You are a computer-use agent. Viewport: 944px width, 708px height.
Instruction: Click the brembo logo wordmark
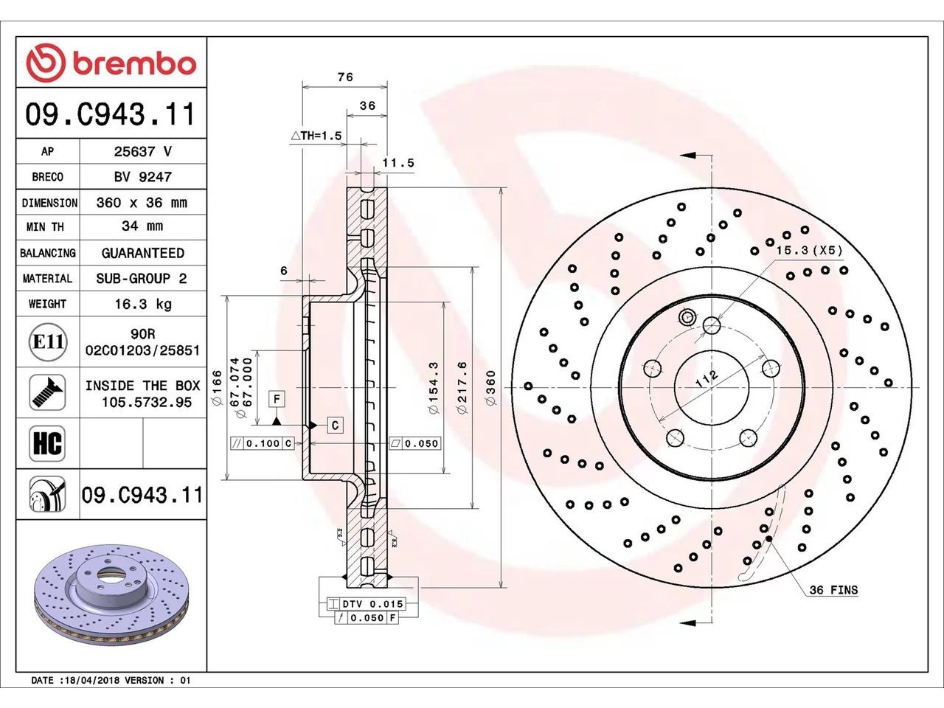click(134, 64)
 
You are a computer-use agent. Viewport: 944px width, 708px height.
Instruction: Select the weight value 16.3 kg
click(143, 304)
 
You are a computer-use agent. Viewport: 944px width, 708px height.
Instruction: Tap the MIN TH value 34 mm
click(142, 226)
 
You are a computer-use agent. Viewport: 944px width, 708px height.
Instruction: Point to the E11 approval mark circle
click(48, 341)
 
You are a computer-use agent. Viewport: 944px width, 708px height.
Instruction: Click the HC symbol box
click(47, 443)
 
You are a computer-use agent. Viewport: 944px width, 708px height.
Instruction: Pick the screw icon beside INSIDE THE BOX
click(47, 392)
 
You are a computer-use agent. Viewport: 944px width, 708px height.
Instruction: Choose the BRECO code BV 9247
click(143, 177)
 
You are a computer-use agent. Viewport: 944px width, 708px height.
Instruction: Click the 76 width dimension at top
click(345, 77)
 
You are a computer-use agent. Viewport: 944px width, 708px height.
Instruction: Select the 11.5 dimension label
click(398, 163)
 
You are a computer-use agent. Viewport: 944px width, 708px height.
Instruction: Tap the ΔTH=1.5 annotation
click(316, 136)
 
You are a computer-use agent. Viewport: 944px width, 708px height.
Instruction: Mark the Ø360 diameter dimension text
click(490, 388)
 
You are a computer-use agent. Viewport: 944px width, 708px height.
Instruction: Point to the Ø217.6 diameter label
click(462, 388)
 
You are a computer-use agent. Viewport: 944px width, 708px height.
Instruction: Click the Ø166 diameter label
click(216, 387)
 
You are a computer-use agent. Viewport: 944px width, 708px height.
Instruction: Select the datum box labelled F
click(277, 399)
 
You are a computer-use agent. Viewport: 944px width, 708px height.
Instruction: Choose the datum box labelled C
click(336, 425)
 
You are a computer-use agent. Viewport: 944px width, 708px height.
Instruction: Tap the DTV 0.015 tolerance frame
click(367, 603)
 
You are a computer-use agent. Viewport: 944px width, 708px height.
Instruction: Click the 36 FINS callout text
click(833, 590)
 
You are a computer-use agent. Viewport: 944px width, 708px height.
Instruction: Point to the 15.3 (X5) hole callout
click(809, 250)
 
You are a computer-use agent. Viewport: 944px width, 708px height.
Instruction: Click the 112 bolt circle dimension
click(707, 378)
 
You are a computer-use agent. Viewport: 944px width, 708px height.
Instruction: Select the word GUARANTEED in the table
click(143, 253)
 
